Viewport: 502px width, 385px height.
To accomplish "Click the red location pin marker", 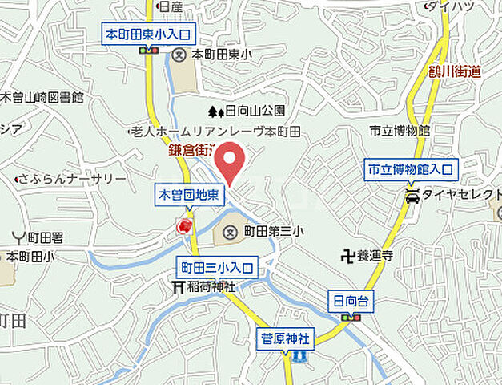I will coord(231,161).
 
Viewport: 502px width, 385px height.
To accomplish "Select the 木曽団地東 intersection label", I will coord(190,194).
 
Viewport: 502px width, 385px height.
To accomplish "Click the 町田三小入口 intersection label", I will coord(216,268).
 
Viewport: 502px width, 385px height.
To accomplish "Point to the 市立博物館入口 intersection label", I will coord(411,170).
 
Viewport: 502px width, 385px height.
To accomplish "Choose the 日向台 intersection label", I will coord(349,301).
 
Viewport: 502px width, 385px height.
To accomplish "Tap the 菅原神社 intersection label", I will coord(286,338).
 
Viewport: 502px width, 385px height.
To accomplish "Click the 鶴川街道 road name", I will coord(453,71).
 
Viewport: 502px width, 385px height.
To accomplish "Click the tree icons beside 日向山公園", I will coord(216,111).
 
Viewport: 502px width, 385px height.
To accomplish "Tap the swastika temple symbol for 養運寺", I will coord(347,257).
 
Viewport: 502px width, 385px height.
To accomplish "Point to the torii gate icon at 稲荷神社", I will coord(179,286).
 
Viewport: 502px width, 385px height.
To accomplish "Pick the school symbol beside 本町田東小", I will coord(179,55).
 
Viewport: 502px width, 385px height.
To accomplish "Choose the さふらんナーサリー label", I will coord(72,179).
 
